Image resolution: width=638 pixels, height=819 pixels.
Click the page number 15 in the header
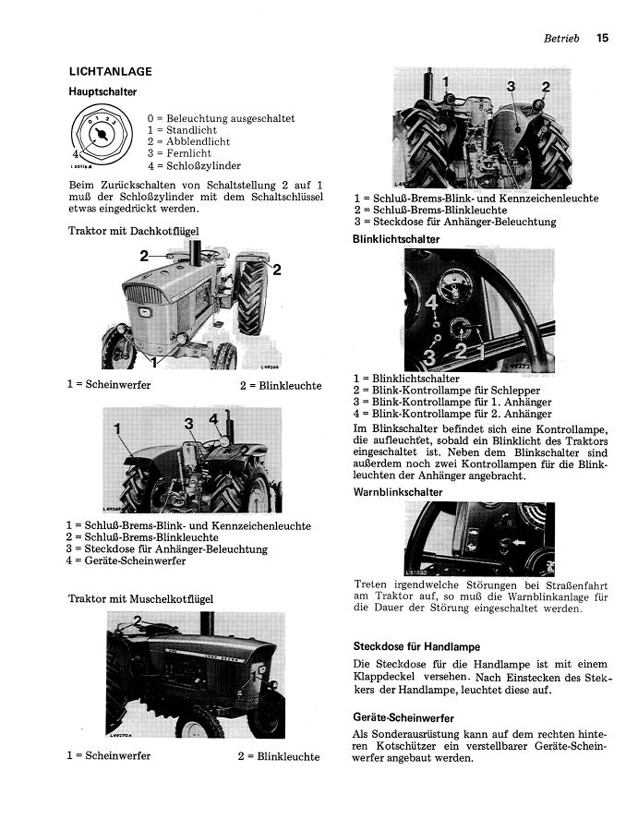tap(602, 38)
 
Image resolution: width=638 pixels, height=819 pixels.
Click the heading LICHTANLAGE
tap(110, 72)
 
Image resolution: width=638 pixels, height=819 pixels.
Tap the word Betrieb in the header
tap(561, 38)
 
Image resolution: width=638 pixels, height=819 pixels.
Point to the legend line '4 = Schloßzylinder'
tap(194, 165)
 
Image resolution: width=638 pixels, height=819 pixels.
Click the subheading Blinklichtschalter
tap(396, 239)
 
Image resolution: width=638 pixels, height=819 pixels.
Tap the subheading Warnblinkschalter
tap(398, 492)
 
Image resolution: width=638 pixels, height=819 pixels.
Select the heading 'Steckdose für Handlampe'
tap(416, 647)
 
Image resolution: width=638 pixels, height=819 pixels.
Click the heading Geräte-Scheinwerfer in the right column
tap(403, 718)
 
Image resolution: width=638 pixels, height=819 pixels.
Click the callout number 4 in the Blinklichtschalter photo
tap(431, 302)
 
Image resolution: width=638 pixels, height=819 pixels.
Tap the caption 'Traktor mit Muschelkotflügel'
tap(140, 599)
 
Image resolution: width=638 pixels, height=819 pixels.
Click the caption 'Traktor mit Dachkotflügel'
tap(133, 231)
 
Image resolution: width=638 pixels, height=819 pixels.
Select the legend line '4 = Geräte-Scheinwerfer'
tap(126, 561)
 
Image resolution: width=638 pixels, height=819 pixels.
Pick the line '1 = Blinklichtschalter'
tap(406, 378)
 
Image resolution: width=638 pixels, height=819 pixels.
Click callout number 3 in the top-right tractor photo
tap(511, 86)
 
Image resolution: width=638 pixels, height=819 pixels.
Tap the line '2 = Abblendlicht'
tap(188, 142)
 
